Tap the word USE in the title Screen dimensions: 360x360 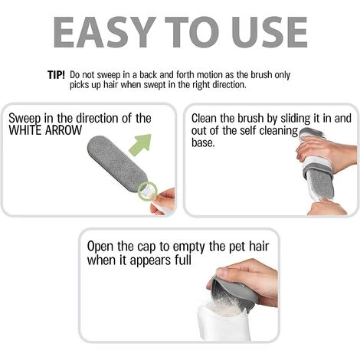[x=269, y=32]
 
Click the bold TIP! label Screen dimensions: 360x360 [x=56, y=75]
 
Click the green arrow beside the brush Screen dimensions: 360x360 [x=141, y=145]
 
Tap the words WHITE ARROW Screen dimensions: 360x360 [x=45, y=130]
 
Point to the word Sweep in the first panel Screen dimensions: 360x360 [x=25, y=119]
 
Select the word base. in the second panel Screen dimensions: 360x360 [x=203, y=142]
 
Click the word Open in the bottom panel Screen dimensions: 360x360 [x=100, y=247]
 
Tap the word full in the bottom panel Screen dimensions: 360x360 [x=183, y=260]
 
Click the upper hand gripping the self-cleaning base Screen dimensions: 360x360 [x=327, y=153]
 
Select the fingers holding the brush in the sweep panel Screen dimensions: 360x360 [x=163, y=201]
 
